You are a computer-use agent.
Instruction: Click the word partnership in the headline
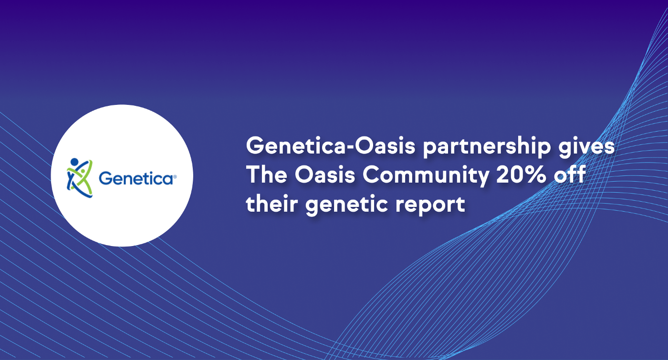(x=487, y=146)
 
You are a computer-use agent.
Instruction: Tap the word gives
(x=586, y=146)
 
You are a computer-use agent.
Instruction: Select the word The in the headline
(x=267, y=175)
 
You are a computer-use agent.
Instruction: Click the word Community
(x=426, y=175)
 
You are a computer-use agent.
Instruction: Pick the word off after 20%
(x=570, y=174)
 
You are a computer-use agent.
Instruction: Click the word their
(x=271, y=204)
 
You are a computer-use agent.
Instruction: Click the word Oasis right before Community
(x=325, y=175)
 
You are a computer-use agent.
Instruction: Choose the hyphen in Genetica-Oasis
(x=350, y=147)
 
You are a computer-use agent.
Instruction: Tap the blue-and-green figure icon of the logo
(x=80, y=177)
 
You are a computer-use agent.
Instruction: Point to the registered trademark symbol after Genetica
(x=175, y=176)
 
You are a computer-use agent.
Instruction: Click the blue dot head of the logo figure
(x=74, y=162)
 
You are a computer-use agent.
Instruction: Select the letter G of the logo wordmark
(x=106, y=178)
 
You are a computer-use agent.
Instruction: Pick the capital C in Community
(x=372, y=175)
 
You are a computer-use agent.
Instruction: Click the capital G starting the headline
(x=256, y=145)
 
